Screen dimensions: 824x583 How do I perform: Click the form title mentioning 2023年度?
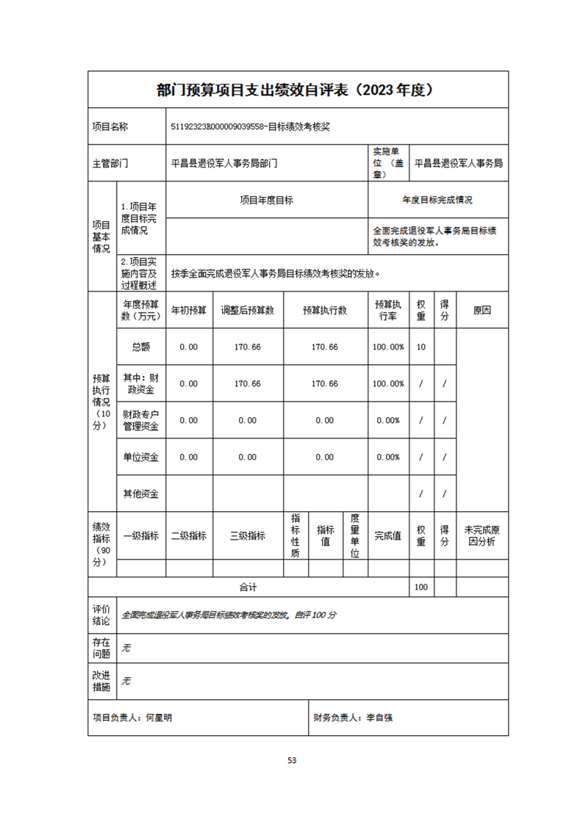[298, 90]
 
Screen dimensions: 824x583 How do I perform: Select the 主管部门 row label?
[110, 164]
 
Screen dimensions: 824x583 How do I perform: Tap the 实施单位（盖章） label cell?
[388, 164]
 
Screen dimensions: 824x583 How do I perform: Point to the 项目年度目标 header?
[267, 200]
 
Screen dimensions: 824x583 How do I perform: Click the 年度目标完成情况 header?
[437, 200]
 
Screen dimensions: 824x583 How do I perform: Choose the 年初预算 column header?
[189, 310]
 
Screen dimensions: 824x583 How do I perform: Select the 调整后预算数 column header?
[248, 310]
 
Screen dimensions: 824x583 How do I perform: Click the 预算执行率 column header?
[388, 310]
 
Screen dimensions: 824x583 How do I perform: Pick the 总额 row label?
[141, 347]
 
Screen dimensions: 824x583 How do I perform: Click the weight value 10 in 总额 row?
[421, 347]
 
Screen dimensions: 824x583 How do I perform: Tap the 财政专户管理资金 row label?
[141, 420]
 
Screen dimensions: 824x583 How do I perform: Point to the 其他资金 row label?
[141, 494]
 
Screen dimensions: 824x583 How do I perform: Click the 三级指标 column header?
[248, 535]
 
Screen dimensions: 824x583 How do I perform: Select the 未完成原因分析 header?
[482, 535]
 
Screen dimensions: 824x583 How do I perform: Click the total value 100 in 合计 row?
[421, 587]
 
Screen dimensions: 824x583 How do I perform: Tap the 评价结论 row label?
[101, 615]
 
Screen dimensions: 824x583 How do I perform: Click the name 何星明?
[160, 718]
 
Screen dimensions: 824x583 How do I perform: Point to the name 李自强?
[380, 718]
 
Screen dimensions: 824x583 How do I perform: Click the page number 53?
[292, 760]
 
